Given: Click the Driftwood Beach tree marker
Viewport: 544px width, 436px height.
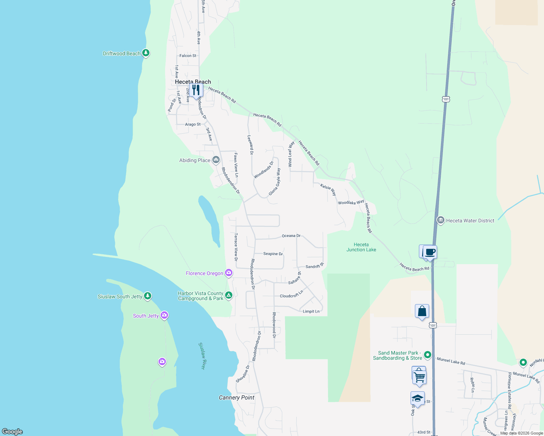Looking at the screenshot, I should pyautogui.click(x=146, y=53).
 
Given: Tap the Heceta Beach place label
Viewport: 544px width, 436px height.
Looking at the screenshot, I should pyautogui.click(x=193, y=82).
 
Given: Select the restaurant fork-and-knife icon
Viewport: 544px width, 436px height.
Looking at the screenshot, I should pyautogui.click(x=196, y=89).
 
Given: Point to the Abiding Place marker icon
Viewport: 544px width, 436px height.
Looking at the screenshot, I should pyautogui.click(x=216, y=160).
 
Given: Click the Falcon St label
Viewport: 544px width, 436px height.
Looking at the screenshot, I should pyautogui.click(x=188, y=56).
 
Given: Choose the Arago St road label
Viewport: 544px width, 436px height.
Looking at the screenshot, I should pyautogui.click(x=193, y=124).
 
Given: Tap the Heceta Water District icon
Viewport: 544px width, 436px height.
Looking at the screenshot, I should pyautogui.click(x=441, y=220).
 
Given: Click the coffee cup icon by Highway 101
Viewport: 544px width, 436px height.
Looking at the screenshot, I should pyautogui.click(x=430, y=252).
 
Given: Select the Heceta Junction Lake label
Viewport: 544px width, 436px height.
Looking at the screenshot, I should pyautogui.click(x=361, y=247).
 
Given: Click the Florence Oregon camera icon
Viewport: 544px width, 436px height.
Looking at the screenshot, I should pyautogui.click(x=229, y=273).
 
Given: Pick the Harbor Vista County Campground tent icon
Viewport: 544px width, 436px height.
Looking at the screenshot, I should pyautogui.click(x=229, y=295).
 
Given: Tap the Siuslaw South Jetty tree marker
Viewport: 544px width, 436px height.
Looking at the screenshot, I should pyautogui.click(x=148, y=296).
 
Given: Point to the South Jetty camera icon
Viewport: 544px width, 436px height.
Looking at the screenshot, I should pyautogui.click(x=164, y=315).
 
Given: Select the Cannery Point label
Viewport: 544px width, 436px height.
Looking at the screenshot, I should pyautogui.click(x=237, y=397).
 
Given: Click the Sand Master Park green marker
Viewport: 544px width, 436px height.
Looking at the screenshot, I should pyautogui.click(x=428, y=355).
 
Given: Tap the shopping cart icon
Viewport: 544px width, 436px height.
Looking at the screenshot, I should pyautogui.click(x=419, y=376).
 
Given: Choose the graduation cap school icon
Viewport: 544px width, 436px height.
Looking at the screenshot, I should pyautogui.click(x=417, y=398).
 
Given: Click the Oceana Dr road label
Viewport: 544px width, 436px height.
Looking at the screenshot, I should pyautogui.click(x=291, y=236).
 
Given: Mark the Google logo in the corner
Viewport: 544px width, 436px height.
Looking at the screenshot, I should pyautogui.click(x=12, y=431).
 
